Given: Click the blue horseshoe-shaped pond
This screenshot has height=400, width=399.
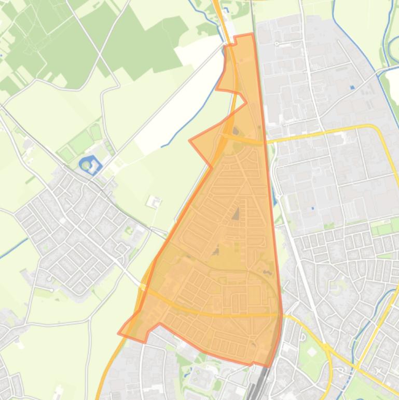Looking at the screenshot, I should [x=90, y=165].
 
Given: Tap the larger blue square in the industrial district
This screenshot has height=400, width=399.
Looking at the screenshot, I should [x=353, y=87].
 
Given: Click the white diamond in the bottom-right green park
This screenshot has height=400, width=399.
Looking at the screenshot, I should [x=311, y=352].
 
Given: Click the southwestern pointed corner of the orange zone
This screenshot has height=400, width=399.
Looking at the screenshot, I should [x=119, y=333].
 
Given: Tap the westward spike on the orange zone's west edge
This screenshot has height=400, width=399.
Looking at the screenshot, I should [x=190, y=140].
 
